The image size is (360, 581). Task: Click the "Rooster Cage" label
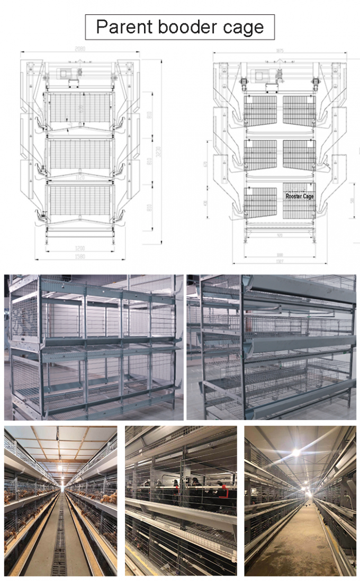click(x=300, y=196)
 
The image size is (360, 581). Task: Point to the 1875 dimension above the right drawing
click(x=280, y=51)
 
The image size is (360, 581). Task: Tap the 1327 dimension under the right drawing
click(x=280, y=261)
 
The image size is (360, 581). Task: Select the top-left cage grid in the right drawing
click(x=260, y=111)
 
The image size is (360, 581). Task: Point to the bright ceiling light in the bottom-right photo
click(x=296, y=453)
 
